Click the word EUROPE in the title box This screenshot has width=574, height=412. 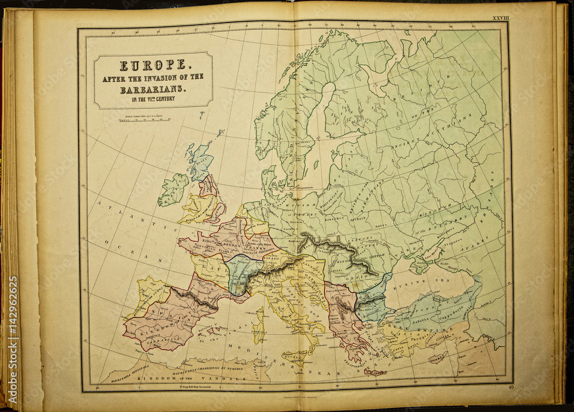[x=153, y=66]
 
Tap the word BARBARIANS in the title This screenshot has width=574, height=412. [x=153, y=90]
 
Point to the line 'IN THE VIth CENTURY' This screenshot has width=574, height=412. [x=153, y=99]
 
